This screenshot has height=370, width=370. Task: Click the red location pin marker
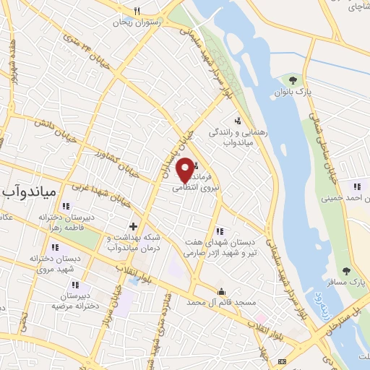(x=185, y=169)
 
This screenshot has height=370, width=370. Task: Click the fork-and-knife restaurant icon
(x=138, y=11)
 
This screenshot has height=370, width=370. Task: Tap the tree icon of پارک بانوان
(x=292, y=80)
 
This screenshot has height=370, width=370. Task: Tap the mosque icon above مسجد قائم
(x=221, y=291)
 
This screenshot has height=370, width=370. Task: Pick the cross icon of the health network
(x=133, y=227)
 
